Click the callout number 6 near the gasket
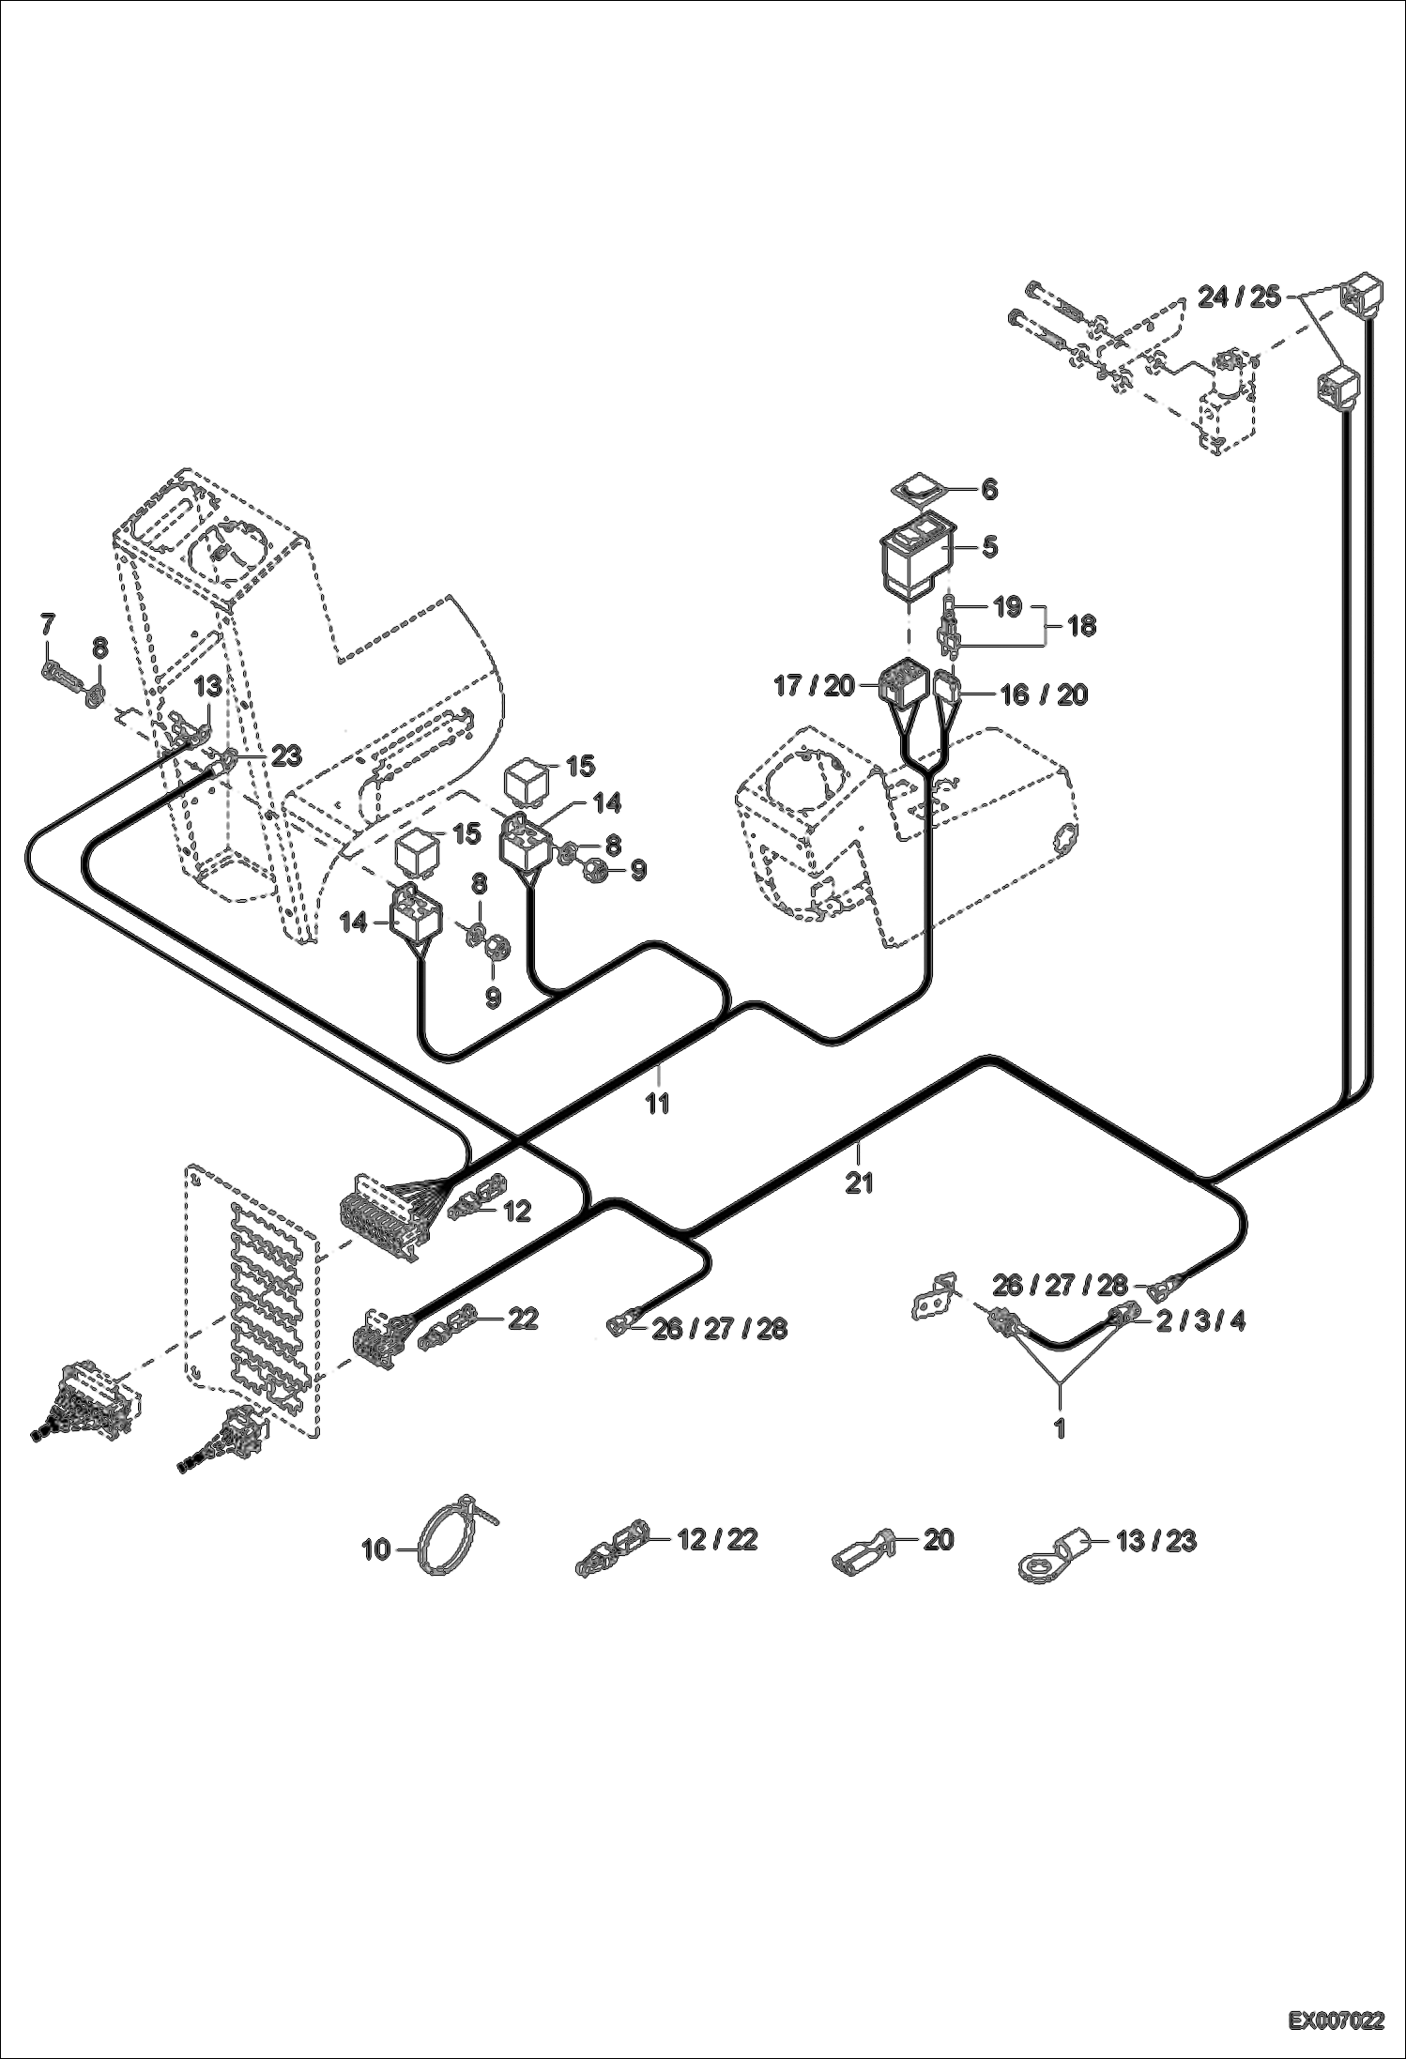989,490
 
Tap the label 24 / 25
1239,297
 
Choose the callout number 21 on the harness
859,1183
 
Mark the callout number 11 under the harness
658,1104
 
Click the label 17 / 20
815,686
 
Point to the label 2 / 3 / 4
1200,1321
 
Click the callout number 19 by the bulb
1007,606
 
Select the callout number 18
1081,625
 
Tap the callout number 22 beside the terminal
523,1319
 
